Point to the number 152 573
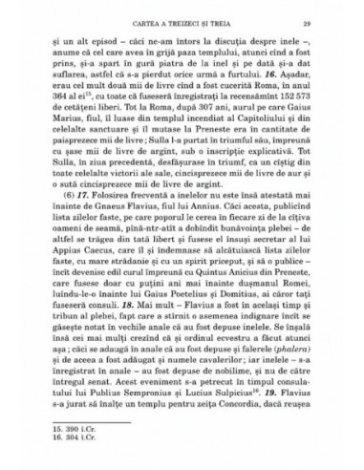pos(305,119)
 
